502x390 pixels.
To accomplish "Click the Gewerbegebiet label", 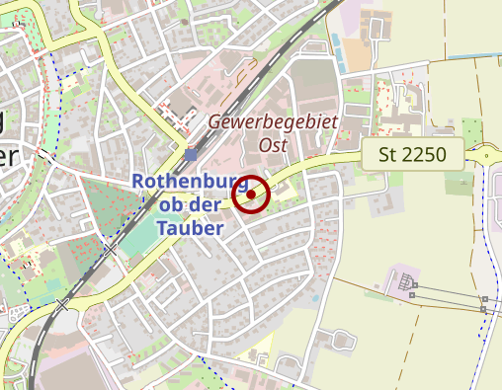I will tap(272, 122).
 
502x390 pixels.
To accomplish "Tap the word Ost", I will tap(272, 144).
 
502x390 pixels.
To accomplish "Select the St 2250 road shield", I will tap(413, 154).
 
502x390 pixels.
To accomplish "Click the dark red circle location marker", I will tap(252, 195).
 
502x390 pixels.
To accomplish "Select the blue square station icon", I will tap(191, 155).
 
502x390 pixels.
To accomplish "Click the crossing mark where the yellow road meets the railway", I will tap(64, 305).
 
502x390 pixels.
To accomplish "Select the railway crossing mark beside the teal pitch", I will tap(111, 251).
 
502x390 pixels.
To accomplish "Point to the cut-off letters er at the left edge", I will tap(8, 155).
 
